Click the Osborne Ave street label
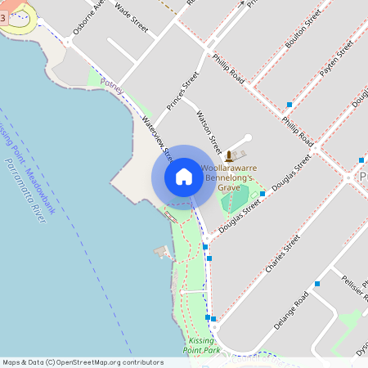point(89,16)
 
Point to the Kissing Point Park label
point(204,344)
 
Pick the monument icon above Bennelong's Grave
point(230,155)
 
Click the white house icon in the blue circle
point(184,177)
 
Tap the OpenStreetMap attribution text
point(83,361)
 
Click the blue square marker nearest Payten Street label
point(289,105)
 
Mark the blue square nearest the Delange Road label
point(316,284)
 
